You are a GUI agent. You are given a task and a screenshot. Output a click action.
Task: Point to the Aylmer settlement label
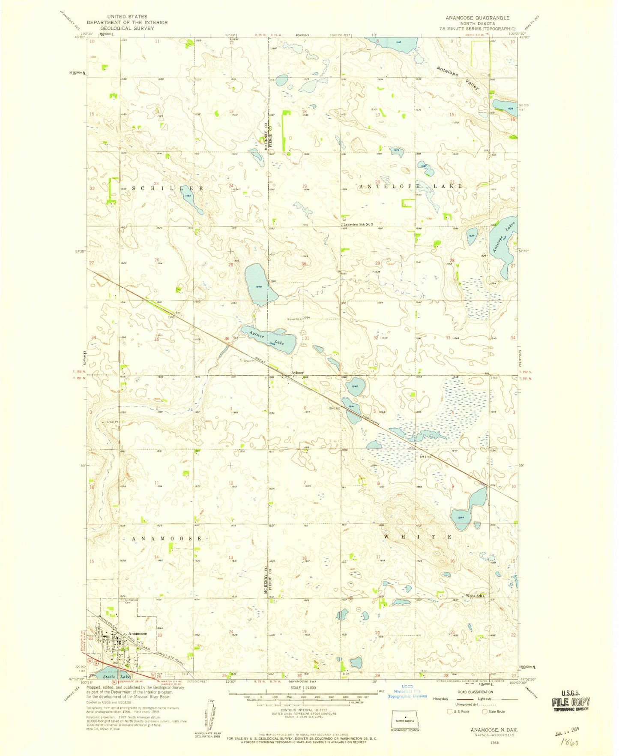click(x=297, y=373)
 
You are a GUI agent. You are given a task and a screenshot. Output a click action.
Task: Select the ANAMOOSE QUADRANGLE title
click(x=478, y=18)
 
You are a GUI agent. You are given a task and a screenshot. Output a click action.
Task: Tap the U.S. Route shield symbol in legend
click(x=449, y=711)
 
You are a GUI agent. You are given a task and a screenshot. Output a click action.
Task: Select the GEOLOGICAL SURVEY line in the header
click(x=127, y=28)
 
